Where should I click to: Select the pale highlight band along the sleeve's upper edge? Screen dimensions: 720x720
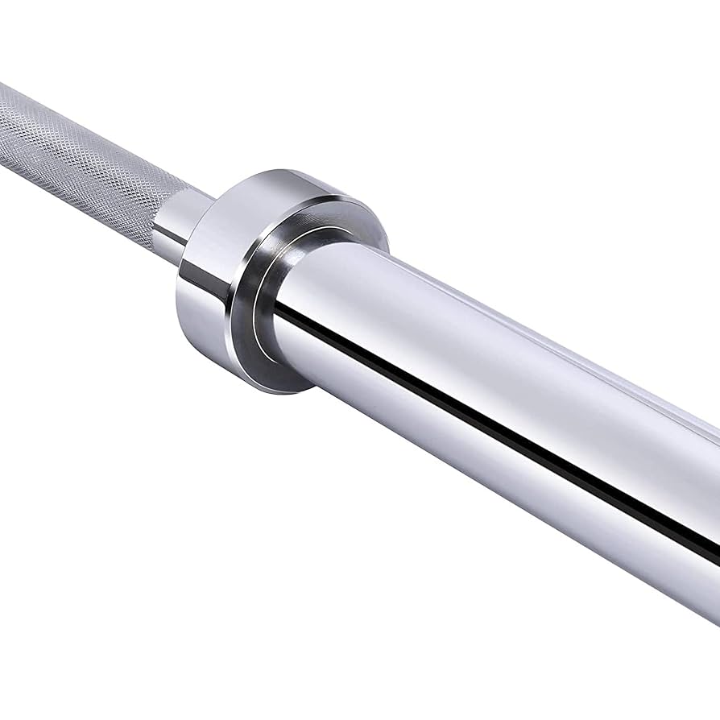[523, 322]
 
